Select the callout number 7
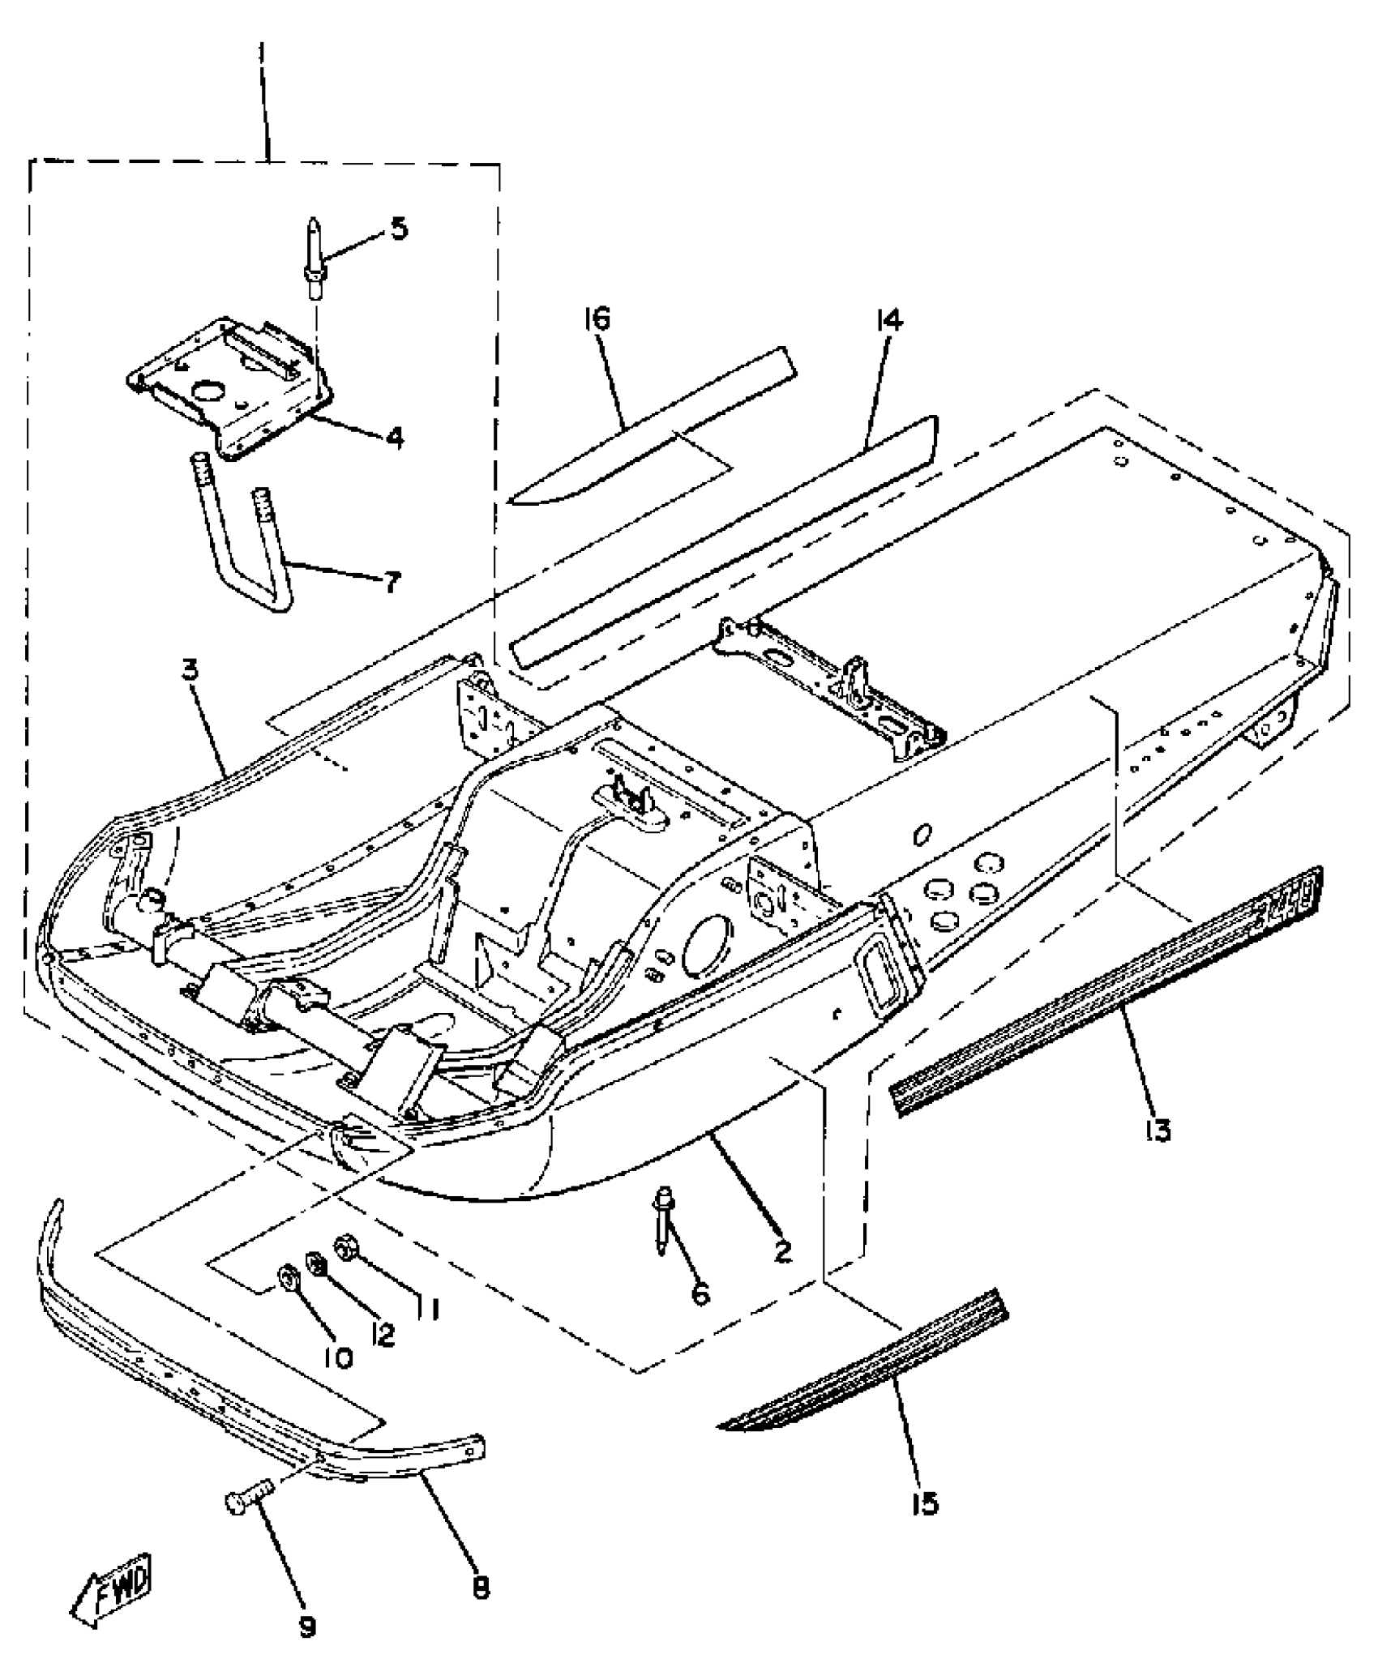coord(392,581)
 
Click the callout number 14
coord(888,320)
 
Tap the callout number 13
coord(1159,1129)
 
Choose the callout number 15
coord(924,1503)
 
